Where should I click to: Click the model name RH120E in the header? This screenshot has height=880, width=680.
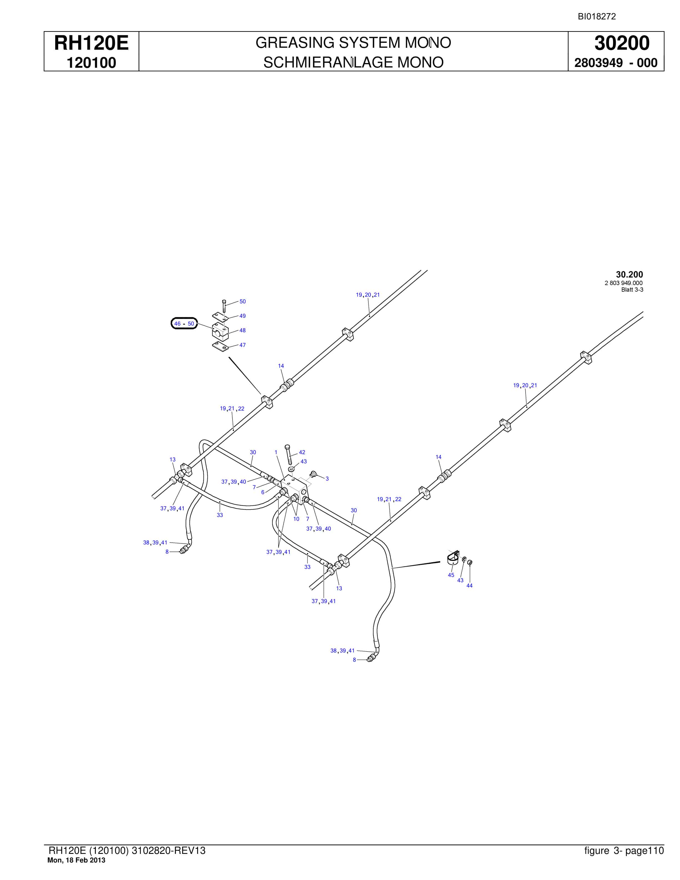click(91, 43)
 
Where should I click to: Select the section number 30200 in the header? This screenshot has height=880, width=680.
click(622, 43)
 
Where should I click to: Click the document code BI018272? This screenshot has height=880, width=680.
click(597, 16)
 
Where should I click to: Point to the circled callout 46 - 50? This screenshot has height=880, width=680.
click(184, 324)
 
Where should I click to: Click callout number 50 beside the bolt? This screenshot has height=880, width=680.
click(242, 301)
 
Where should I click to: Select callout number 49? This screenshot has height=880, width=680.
click(242, 316)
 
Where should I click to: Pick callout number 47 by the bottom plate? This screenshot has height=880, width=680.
click(242, 345)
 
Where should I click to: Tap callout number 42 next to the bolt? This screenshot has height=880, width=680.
click(302, 452)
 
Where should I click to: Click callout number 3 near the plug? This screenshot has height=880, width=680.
click(327, 479)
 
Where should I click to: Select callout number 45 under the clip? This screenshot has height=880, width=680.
click(451, 575)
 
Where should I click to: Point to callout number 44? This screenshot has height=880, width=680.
click(469, 586)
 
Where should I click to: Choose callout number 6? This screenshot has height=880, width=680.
click(263, 492)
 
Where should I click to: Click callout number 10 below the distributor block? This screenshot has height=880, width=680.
click(296, 519)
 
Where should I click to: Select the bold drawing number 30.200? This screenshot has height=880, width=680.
click(629, 275)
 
